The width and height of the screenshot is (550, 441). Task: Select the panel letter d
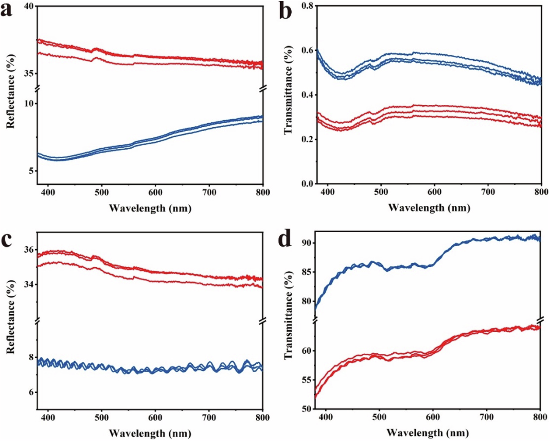[x=285, y=239]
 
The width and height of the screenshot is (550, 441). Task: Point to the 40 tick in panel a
[x=28, y=6]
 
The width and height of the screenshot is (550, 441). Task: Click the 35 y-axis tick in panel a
[x=28, y=73]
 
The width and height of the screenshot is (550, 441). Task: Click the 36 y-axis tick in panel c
[x=28, y=250]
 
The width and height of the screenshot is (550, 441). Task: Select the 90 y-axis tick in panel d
[x=306, y=243]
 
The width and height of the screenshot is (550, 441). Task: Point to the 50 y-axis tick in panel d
[x=306, y=409]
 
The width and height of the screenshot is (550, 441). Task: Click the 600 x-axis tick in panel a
[x=156, y=192]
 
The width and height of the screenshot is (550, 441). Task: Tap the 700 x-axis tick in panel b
[x=488, y=192]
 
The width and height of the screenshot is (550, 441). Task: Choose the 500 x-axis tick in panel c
[x=102, y=417]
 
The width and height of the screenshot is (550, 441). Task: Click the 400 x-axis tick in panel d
[x=325, y=417]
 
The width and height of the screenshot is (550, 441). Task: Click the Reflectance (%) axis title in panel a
[x=10, y=91]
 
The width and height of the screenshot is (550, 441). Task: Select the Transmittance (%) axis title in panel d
[x=288, y=315]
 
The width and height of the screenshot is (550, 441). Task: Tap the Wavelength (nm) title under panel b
[x=429, y=208]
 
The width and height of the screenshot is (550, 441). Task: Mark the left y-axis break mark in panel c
[x=37, y=322]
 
